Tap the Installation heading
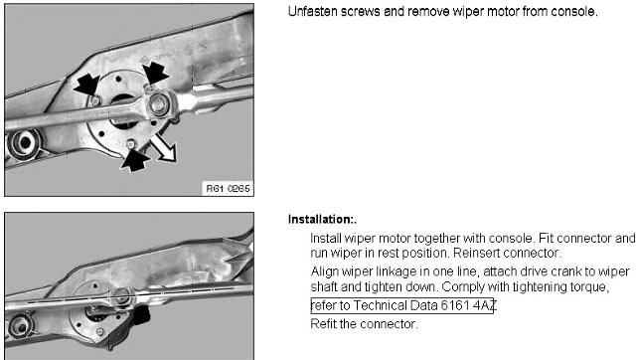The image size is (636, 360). pyautogui.click(x=322, y=220)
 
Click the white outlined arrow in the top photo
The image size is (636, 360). pyautogui.click(x=163, y=148)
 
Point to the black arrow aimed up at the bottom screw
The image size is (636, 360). pyautogui.click(x=135, y=161)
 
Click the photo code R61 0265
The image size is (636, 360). pyautogui.click(x=228, y=189)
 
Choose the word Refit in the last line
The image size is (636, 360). pyautogui.click(x=323, y=324)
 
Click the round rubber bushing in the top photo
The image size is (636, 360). pyautogui.click(x=24, y=143)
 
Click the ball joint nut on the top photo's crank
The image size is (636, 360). pyautogui.click(x=159, y=103)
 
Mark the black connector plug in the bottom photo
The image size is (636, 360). pyautogui.click(x=141, y=315)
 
